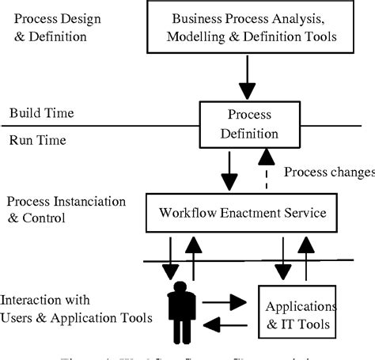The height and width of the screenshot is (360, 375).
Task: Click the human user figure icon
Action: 181,310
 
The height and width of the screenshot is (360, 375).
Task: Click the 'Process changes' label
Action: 328,172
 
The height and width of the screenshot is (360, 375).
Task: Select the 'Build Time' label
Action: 42,113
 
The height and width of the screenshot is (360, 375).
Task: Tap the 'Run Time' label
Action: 36,140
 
